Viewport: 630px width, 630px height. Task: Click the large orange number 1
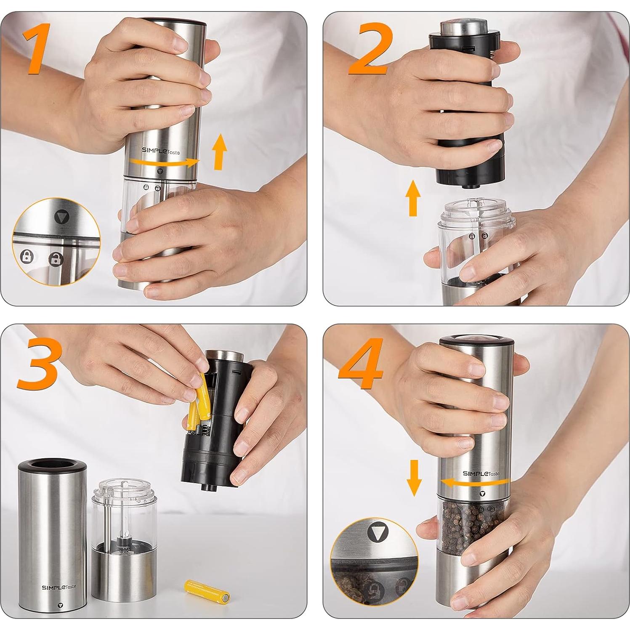pos(39,49)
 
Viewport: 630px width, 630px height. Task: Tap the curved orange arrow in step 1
pos(164,162)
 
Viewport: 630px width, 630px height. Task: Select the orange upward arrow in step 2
pos(413,198)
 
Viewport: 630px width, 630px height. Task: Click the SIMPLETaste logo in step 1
pos(160,151)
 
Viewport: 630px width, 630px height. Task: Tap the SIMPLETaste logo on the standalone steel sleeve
pos(58,587)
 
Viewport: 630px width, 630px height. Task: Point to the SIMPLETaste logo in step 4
pos(481,473)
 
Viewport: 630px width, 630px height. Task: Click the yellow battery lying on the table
pos(207,591)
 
